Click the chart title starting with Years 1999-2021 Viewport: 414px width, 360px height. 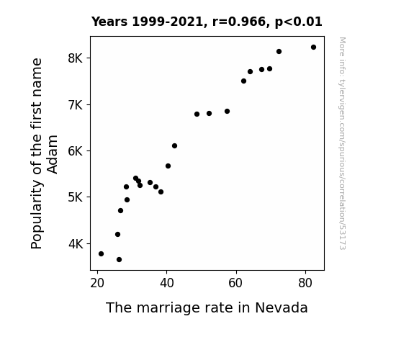tap(207, 22)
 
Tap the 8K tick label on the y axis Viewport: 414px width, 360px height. tap(76, 58)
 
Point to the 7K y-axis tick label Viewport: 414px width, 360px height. tap(76, 105)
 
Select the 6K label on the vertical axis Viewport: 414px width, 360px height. tap(76, 151)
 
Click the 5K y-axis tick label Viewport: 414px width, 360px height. tap(76, 197)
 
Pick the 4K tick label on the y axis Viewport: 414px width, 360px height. tap(76, 244)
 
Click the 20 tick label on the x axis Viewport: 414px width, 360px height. tap(97, 283)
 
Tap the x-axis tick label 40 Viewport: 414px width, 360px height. tap(166, 283)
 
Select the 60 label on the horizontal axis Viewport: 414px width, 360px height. tap(235, 283)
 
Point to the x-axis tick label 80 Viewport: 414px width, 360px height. tap(305, 283)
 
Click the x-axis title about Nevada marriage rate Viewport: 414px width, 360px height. tap(207, 307)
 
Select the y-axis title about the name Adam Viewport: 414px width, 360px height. tap(44, 153)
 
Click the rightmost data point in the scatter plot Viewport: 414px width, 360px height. tap(313, 48)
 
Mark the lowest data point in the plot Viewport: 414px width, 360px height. tap(119, 260)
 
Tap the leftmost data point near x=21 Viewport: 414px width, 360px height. tap(101, 254)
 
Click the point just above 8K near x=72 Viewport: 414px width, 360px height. tap(279, 52)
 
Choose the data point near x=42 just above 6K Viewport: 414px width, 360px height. tap(174, 145)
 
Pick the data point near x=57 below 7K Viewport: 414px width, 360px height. tap(227, 112)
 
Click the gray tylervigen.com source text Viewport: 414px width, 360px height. tap(343, 143)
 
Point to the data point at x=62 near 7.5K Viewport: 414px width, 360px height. tap(243, 81)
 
